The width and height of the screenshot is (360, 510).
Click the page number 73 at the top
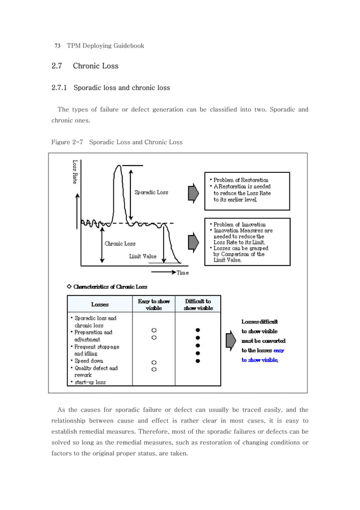click(x=57, y=45)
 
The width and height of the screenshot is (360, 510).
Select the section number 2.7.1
click(x=60, y=88)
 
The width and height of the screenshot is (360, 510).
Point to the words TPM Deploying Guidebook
click(x=106, y=45)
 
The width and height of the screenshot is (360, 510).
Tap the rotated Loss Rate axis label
click(x=74, y=172)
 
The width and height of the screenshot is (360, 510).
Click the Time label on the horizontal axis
click(x=182, y=273)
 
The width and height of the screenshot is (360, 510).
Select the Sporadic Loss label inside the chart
click(x=151, y=193)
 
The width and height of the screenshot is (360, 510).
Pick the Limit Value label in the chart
click(x=143, y=256)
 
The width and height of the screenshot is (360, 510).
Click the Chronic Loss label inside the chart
click(x=120, y=244)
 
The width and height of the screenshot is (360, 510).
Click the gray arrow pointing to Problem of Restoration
click(x=193, y=192)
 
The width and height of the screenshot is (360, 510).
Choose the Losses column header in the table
click(x=100, y=304)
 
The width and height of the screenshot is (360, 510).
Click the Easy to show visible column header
click(x=153, y=304)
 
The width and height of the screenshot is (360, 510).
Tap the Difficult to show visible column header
click(x=198, y=304)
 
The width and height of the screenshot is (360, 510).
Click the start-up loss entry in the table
click(x=90, y=382)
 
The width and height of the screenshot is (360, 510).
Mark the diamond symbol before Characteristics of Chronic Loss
click(x=69, y=287)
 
